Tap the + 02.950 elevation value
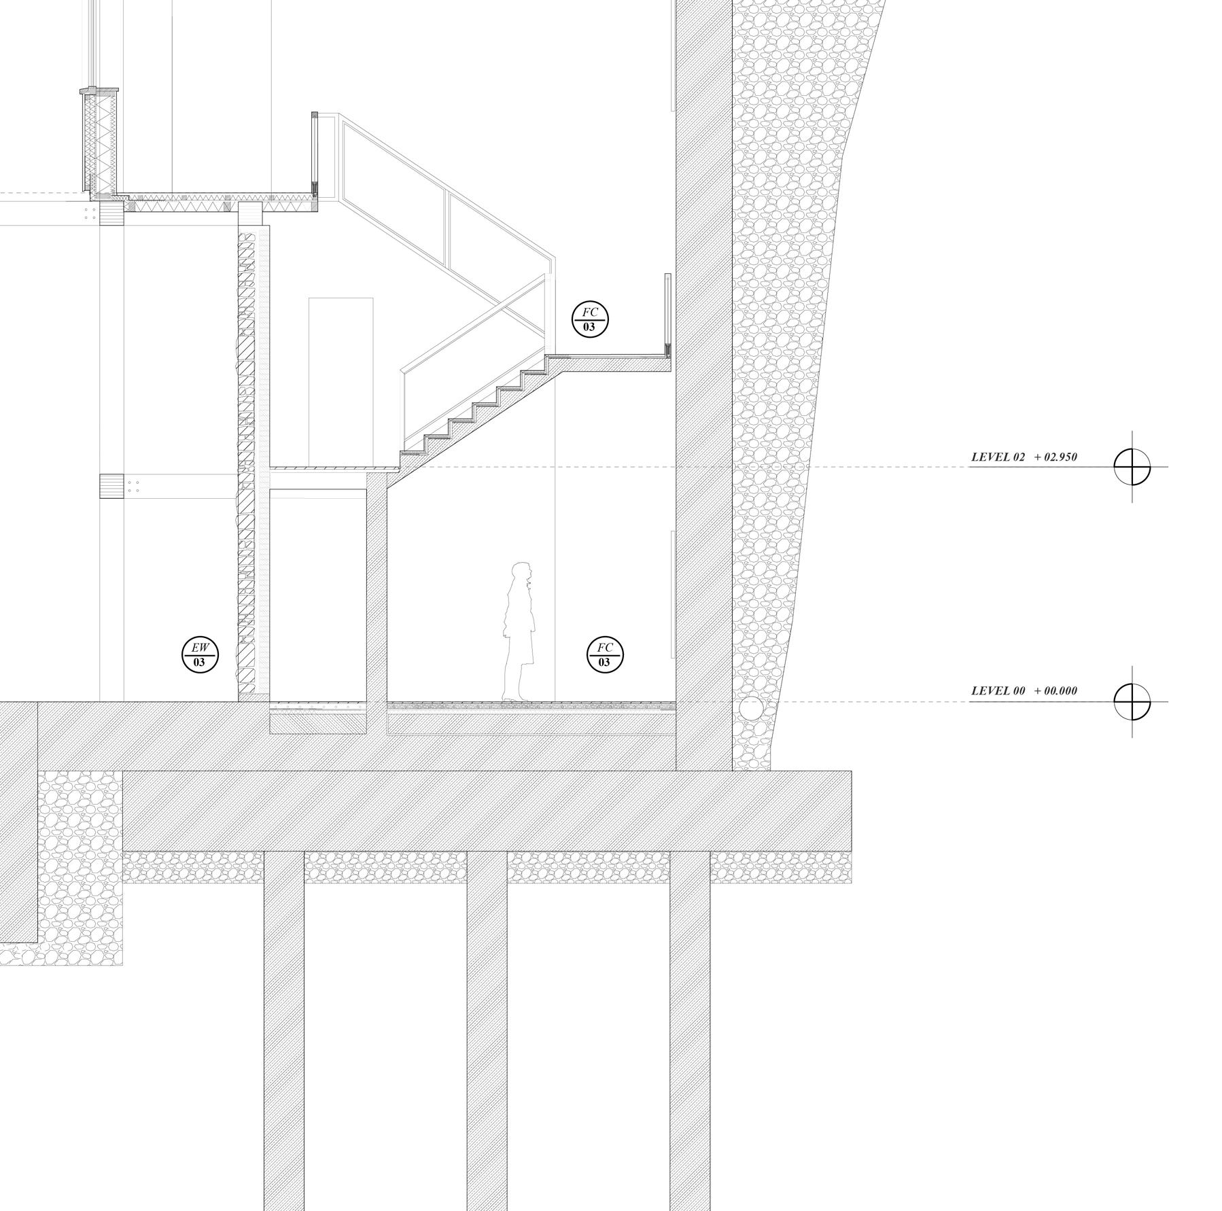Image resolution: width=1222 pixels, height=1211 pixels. pos(1055,457)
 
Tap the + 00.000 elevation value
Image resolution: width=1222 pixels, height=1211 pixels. pos(1055,691)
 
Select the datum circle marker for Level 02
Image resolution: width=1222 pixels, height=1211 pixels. pos(1132,467)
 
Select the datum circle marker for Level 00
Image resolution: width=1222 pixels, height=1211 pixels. pos(1132,701)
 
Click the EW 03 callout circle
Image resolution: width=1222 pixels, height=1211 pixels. pos(200,655)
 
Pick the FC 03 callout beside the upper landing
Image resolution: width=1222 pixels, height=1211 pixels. pos(589,319)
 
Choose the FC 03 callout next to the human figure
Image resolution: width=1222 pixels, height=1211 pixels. pos(604,655)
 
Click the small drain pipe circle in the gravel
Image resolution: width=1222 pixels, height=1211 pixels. pos(750,708)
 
